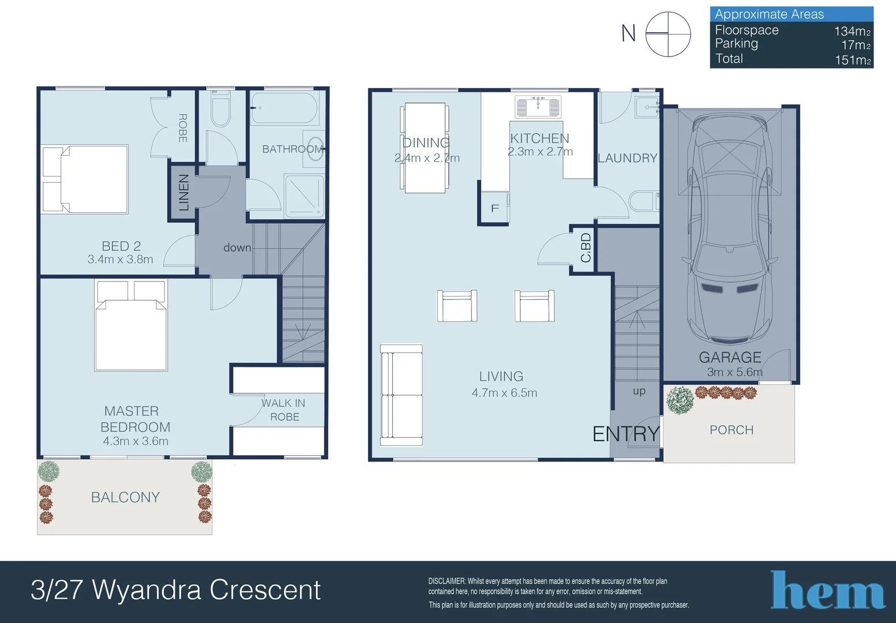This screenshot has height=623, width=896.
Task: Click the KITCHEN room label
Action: tap(539, 138)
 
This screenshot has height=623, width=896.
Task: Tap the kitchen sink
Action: tap(538, 107)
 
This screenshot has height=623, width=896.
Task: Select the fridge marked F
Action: tap(495, 207)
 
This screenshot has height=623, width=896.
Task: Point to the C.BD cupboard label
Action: tap(586, 248)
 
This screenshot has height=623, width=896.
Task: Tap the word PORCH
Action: tap(732, 430)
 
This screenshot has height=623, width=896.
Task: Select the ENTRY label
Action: tap(626, 434)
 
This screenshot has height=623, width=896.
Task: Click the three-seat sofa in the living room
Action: tap(401, 395)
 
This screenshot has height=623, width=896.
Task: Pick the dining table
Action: tap(425, 148)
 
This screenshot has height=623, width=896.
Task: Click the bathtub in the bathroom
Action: tap(284, 108)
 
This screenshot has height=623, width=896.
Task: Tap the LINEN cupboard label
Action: tap(183, 192)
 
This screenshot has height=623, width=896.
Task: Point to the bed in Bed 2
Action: tap(85, 179)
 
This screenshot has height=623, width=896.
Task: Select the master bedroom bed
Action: tap(131, 325)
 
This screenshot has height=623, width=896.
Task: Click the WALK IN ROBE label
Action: tap(284, 410)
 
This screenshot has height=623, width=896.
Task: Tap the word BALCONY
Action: tap(125, 497)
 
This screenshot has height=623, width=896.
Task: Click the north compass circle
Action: tap(668, 34)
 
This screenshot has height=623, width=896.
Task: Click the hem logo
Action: tap(827, 590)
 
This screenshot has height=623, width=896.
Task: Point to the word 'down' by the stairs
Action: tap(237, 248)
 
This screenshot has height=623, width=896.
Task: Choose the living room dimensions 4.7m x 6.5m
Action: tap(504, 393)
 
